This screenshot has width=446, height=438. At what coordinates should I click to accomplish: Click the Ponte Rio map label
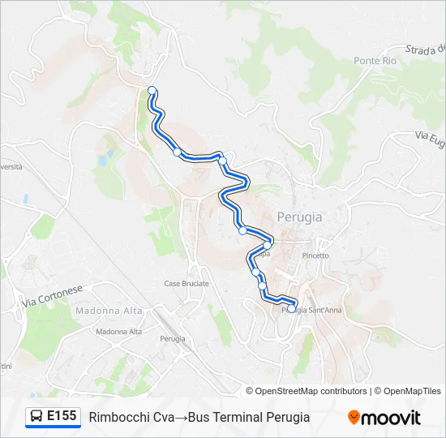(374, 61)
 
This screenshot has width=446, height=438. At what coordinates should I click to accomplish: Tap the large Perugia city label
(299, 217)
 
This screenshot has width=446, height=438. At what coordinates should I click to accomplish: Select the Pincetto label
(315, 255)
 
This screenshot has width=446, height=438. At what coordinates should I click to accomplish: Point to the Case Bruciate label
(187, 284)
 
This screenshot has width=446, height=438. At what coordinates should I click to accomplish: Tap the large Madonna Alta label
(109, 311)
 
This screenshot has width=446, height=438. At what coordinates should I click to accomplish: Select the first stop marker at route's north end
(152, 90)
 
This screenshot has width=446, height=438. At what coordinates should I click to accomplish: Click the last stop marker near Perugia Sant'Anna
(292, 308)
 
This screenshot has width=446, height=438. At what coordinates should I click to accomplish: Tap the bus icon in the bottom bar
(36, 417)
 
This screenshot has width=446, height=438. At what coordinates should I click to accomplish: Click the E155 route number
(62, 417)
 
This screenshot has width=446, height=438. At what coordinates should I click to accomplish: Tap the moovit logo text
(391, 418)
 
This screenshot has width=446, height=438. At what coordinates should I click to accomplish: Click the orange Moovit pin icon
(354, 418)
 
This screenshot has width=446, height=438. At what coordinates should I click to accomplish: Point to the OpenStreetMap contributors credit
(311, 391)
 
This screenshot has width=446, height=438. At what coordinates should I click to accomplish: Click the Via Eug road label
(430, 138)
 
